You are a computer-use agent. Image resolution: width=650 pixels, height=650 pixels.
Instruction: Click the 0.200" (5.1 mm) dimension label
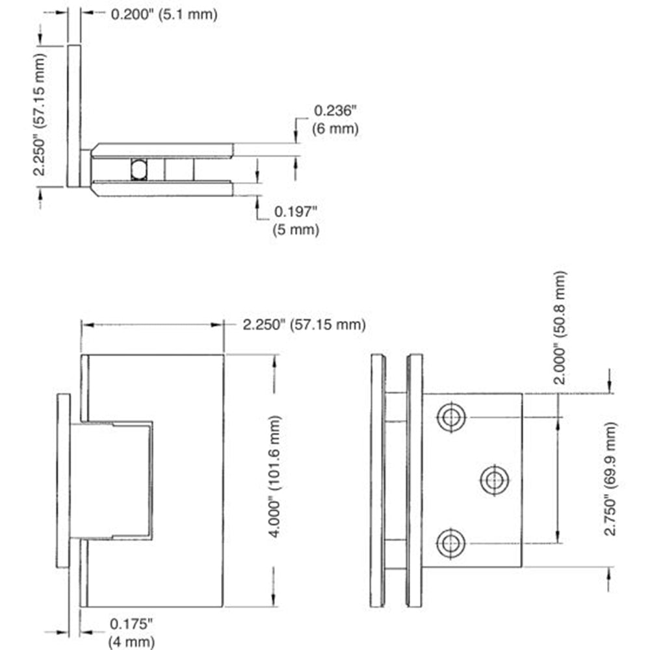tap(164, 14)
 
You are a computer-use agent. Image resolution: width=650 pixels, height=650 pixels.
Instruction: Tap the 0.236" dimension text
tap(335, 110)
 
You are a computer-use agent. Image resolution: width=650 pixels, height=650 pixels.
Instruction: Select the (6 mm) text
tap(335, 129)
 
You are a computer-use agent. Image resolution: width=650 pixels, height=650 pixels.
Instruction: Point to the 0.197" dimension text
tap(296, 211)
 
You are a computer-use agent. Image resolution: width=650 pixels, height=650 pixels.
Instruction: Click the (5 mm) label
tap(296, 229)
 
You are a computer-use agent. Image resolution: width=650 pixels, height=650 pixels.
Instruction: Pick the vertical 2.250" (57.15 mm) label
tap(40, 115)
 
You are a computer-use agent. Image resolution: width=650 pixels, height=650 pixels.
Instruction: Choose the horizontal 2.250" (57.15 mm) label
tap(304, 324)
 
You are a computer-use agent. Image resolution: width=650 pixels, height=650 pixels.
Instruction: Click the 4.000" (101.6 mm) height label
tap(275, 476)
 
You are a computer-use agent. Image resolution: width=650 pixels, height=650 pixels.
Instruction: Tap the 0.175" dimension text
tap(131, 623)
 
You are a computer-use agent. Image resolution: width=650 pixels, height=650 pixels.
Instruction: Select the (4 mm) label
tap(131, 642)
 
